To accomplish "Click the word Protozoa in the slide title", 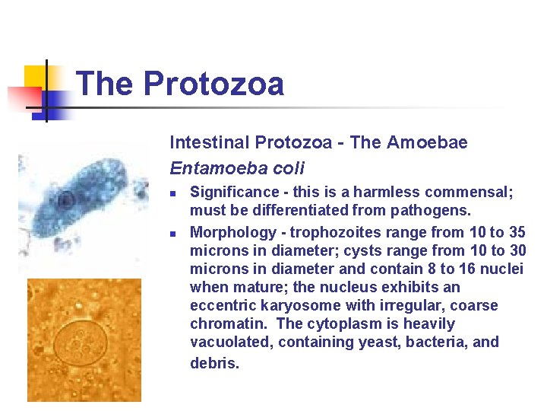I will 213,83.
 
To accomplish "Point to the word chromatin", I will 225,323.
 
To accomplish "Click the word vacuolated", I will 230,342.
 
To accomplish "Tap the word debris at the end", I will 214,363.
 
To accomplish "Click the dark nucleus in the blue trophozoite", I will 65,201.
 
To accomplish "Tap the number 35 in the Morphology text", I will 517,232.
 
